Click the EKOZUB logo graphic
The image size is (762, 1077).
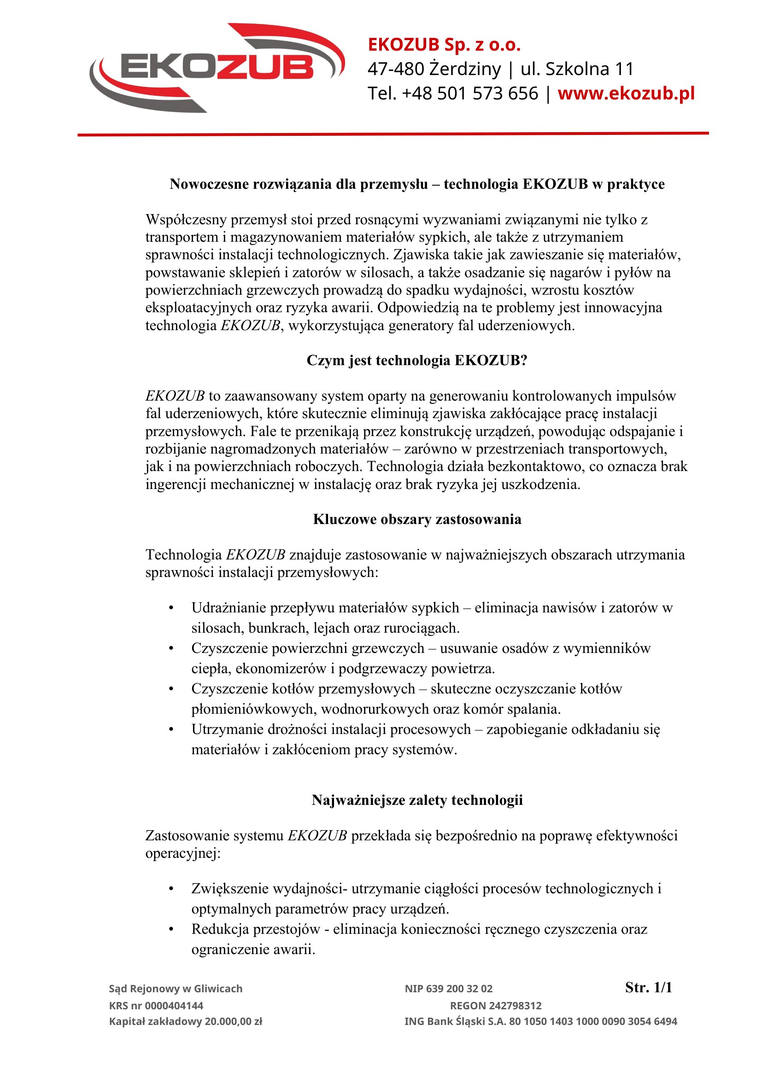[x=217, y=68]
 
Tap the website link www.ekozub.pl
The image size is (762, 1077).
[x=626, y=93]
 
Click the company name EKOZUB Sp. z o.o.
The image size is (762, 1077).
[x=444, y=45]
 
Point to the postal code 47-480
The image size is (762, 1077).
[x=396, y=69]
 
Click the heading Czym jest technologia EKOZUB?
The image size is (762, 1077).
[x=416, y=360]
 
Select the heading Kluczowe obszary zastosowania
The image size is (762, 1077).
[x=416, y=519]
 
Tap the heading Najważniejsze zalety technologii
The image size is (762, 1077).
[x=416, y=800]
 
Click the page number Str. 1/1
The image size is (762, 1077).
[x=649, y=987]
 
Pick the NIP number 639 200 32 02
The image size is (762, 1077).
[x=448, y=989]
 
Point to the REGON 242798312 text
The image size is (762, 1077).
[x=496, y=1006]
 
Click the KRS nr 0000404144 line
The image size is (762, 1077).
[x=156, y=1006]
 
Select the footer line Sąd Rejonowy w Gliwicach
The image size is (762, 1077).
[x=176, y=989]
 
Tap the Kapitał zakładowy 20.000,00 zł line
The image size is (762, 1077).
[x=185, y=1022]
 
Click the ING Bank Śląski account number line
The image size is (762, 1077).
[x=540, y=1022]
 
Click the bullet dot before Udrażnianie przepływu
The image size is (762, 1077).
[x=171, y=608]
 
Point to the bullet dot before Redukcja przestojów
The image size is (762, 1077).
[x=171, y=929]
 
